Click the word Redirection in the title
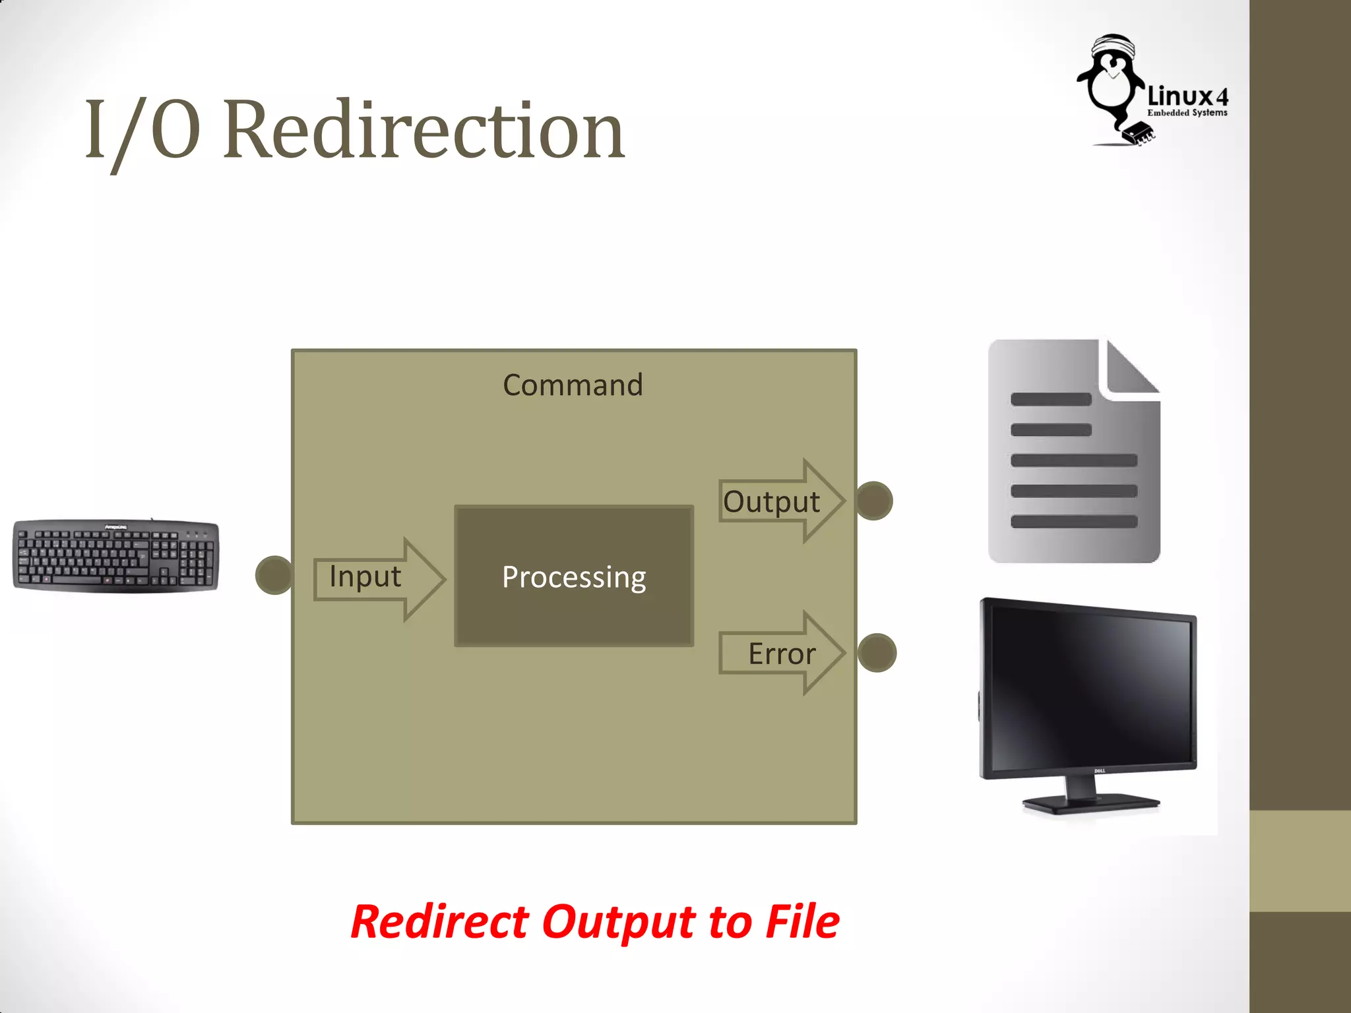pyautogui.click(x=424, y=130)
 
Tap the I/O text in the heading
pyautogui.click(x=142, y=130)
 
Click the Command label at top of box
pyautogui.click(x=573, y=385)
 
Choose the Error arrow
pyautogui.click(x=782, y=653)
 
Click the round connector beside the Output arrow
pyautogui.click(x=874, y=501)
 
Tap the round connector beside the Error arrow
pyautogui.click(x=877, y=653)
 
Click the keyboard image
pyautogui.click(x=115, y=555)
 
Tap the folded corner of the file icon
pyautogui.click(x=1131, y=369)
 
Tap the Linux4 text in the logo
pyautogui.click(x=1187, y=97)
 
